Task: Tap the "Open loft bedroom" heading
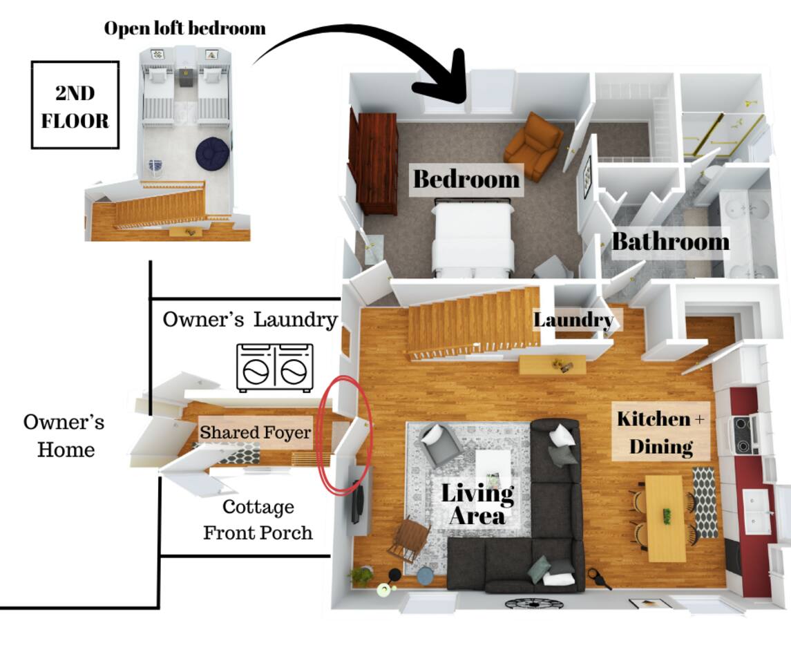click(x=184, y=28)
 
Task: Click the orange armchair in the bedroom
click(x=533, y=145)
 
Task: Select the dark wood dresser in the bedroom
click(x=374, y=163)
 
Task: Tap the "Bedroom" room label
click(x=466, y=180)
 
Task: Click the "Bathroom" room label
click(x=669, y=242)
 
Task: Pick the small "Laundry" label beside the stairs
click(x=573, y=320)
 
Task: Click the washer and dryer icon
click(x=274, y=367)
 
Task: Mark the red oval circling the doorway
click(x=345, y=435)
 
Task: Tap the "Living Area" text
click(x=477, y=504)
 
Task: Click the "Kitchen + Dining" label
click(x=661, y=432)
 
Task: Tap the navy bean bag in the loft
click(x=212, y=153)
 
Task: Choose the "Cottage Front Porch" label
click(x=258, y=519)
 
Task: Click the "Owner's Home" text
click(x=65, y=436)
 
